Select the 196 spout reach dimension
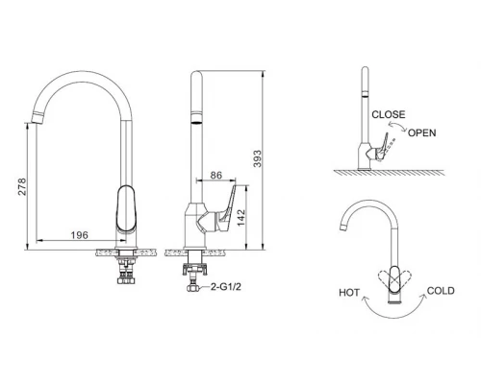point(80,233)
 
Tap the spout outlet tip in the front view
point(39,120)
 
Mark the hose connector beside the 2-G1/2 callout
point(192,286)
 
